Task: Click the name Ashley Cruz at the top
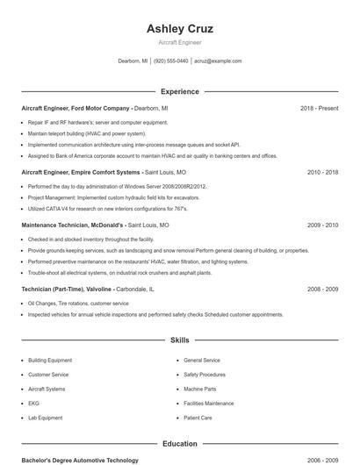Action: pos(180,28)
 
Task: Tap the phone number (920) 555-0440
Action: pos(171,61)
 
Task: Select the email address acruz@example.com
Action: pos(218,61)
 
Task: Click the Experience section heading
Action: pos(180,91)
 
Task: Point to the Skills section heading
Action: pos(180,340)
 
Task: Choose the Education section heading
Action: pos(180,444)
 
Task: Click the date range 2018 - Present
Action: pos(319,108)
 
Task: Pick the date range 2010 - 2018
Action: pos(322,173)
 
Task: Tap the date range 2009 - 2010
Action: pos(322,225)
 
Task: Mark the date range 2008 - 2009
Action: pos(322,289)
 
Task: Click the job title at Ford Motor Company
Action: pos(76,108)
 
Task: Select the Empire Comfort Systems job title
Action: pos(80,173)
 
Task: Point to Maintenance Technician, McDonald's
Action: pos(73,225)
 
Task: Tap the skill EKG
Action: pos(33,404)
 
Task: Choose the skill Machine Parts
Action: pos(199,389)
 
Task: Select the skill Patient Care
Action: pos(198,418)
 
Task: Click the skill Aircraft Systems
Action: pos(47,389)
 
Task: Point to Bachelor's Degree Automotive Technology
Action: pos(80,460)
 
